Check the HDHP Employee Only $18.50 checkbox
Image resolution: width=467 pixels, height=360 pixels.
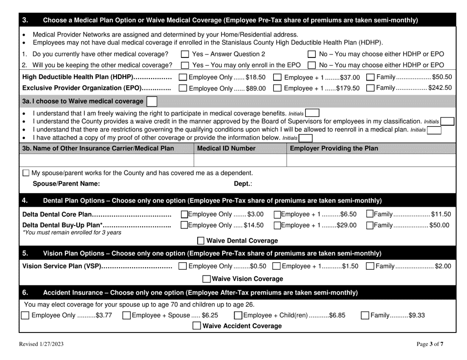183,77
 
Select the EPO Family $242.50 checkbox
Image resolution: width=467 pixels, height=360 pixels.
372,88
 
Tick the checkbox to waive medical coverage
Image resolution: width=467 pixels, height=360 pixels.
152,102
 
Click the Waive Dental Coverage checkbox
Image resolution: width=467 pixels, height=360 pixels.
201,241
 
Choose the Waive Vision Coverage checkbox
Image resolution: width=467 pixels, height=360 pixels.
206,279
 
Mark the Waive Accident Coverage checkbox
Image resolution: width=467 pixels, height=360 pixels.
197,326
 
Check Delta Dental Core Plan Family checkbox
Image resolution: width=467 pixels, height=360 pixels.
370,214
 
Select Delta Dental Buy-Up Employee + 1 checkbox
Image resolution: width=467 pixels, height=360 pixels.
277,225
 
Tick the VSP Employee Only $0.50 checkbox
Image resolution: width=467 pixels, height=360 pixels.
183,266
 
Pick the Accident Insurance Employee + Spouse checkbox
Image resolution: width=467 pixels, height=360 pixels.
126,315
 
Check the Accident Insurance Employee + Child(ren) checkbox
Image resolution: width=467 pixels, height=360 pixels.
238,315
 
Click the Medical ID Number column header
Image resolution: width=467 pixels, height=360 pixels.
226,148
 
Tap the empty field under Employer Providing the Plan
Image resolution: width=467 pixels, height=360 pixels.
369,160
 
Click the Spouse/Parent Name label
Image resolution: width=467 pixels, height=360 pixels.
66,184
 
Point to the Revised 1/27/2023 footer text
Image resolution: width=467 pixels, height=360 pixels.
41,344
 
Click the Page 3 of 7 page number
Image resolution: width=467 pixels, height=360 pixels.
430,344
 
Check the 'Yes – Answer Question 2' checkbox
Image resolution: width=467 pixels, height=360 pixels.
185,54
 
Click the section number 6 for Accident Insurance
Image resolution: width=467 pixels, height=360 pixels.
25,293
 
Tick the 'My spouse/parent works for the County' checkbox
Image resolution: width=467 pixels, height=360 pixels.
27,173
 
